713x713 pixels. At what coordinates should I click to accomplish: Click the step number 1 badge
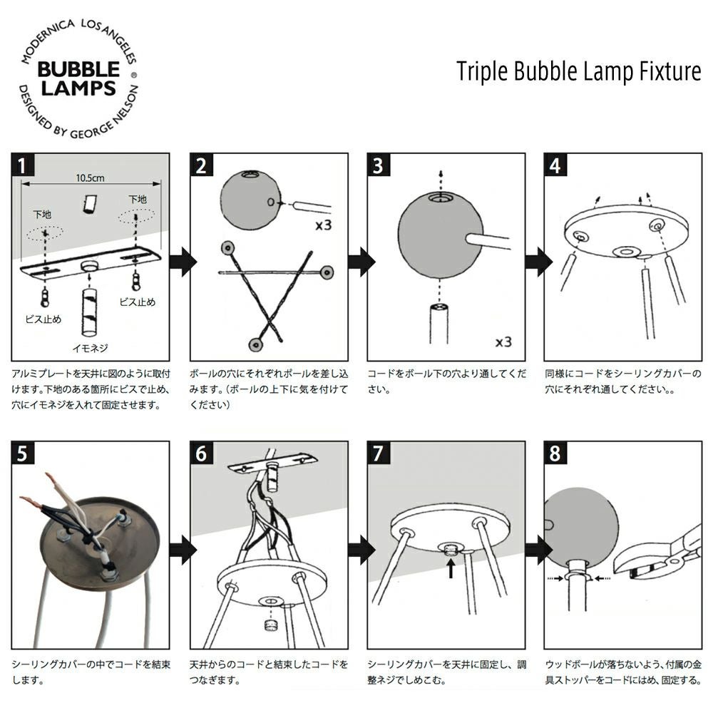pyautogui.click(x=23, y=165)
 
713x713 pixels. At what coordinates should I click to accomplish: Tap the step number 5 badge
pyautogui.click(x=23, y=453)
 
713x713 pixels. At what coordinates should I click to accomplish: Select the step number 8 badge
pyautogui.click(x=555, y=453)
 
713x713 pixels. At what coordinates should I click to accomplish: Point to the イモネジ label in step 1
pyautogui.click(x=91, y=348)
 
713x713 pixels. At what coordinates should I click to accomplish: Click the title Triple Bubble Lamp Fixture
pyautogui.click(x=578, y=71)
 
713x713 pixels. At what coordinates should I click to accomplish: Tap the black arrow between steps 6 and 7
pyautogui.click(x=361, y=549)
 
